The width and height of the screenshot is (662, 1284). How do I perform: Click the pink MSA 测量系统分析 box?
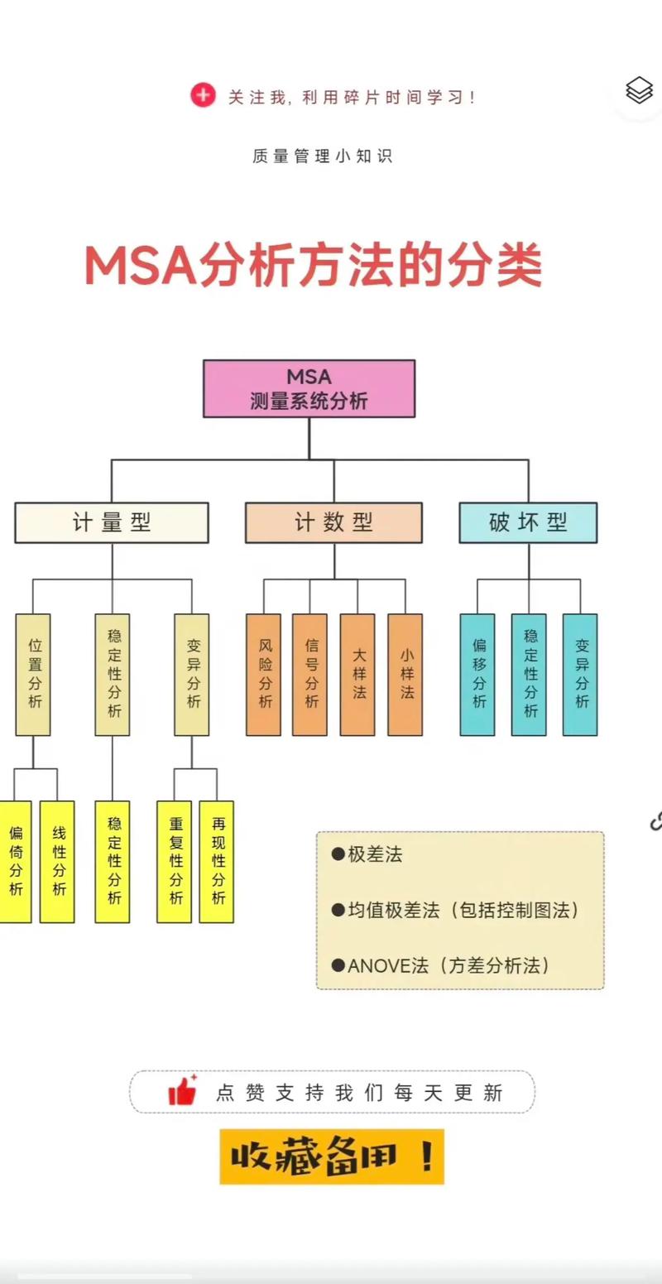coord(309,388)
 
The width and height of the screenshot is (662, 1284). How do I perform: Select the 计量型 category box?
coord(112,522)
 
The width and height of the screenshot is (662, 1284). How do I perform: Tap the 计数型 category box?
coord(333,522)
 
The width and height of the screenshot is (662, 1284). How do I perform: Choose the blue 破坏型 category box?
coord(528,522)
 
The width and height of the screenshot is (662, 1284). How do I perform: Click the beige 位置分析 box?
coord(33,674)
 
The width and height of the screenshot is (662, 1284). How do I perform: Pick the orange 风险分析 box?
coord(264,674)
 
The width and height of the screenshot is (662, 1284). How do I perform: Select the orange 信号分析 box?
coord(310,674)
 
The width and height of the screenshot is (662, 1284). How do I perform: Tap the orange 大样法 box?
coord(357,674)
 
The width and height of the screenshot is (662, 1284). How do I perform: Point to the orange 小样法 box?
coord(405,674)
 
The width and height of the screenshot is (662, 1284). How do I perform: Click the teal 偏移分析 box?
coord(477,674)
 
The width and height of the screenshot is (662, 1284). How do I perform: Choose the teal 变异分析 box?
coord(580,674)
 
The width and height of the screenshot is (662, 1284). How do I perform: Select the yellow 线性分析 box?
coord(58,861)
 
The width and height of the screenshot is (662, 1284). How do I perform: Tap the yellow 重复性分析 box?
coord(175,861)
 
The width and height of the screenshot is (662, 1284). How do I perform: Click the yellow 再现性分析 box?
coord(217,861)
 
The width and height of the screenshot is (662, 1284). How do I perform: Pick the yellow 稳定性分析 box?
coord(113,861)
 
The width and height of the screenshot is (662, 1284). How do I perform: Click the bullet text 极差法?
coord(374,854)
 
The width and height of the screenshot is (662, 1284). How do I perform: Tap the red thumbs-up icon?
coord(183,1091)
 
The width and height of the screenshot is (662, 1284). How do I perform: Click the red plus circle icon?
coord(203,96)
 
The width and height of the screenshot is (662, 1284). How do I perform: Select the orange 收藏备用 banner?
coord(332,1156)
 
